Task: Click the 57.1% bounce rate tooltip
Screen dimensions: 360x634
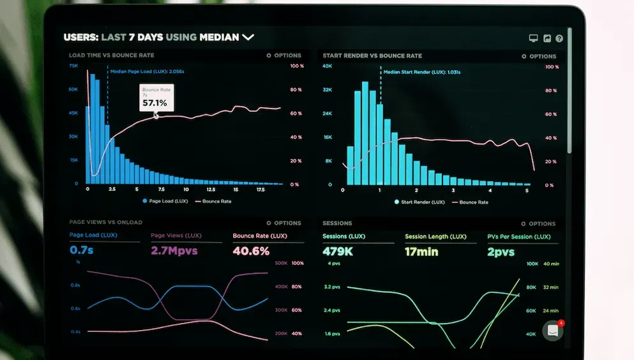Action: click(x=155, y=98)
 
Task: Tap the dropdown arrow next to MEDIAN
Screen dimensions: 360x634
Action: click(x=248, y=38)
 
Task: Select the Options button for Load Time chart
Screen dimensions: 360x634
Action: click(x=283, y=56)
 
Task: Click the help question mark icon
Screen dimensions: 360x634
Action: click(x=559, y=38)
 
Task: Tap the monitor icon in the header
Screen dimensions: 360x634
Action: click(x=534, y=38)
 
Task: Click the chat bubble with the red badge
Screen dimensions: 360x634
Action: click(x=552, y=330)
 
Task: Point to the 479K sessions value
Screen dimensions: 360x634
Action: click(x=338, y=251)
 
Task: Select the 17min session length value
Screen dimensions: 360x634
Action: click(x=421, y=251)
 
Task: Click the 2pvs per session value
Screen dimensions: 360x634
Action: click(x=501, y=251)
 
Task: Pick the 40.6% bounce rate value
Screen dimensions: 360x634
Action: click(x=251, y=251)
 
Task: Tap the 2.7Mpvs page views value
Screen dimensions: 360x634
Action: click(x=174, y=251)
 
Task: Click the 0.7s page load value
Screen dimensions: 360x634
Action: click(x=82, y=250)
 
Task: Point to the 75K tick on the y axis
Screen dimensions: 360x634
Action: click(x=73, y=66)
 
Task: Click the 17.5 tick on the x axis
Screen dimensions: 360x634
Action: click(x=260, y=190)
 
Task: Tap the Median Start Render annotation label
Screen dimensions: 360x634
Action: click(x=422, y=72)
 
